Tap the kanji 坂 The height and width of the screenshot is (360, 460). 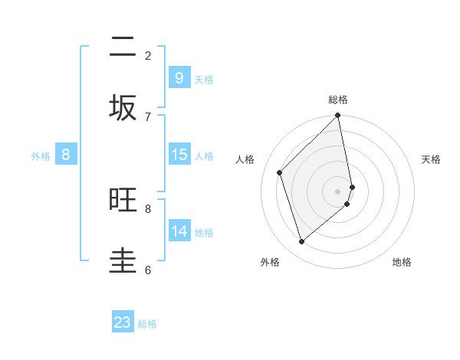(123, 107)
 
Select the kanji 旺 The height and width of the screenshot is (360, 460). (123, 200)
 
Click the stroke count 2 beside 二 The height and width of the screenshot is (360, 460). (148, 55)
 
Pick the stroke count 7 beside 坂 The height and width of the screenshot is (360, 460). (148, 116)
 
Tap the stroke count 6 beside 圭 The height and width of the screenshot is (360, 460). (148, 270)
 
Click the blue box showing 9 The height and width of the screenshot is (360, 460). (179, 78)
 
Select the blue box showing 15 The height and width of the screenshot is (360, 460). (179, 155)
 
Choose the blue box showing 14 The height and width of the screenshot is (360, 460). (179, 231)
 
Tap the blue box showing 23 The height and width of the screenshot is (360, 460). (123, 322)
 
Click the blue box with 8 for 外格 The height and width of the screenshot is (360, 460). (66, 155)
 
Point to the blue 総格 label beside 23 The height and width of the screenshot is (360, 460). (147, 324)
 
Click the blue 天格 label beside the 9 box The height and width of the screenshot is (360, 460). (204, 80)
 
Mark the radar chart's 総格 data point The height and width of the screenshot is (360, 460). (338, 116)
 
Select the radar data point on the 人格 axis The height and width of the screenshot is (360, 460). (280, 172)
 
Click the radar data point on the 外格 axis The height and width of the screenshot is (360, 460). (301, 241)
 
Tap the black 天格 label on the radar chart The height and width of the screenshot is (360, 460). (431, 159)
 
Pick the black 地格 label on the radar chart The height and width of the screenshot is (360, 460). (402, 262)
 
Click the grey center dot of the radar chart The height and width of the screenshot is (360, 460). (338, 191)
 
